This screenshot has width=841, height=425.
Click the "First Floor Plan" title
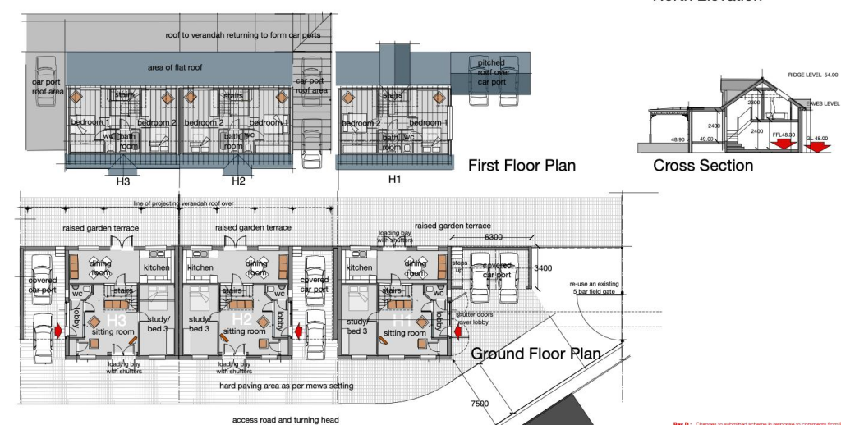point(522,166)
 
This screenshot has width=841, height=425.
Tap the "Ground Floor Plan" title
point(535,354)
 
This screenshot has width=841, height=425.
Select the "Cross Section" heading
point(703,166)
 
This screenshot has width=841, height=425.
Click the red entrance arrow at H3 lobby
point(58,331)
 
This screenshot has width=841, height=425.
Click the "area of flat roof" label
point(175,67)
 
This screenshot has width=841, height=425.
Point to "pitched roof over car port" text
point(492,72)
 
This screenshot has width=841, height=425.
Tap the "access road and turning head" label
point(287,419)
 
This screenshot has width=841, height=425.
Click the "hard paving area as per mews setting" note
point(281,385)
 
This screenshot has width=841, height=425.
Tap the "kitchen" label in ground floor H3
point(157,267)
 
